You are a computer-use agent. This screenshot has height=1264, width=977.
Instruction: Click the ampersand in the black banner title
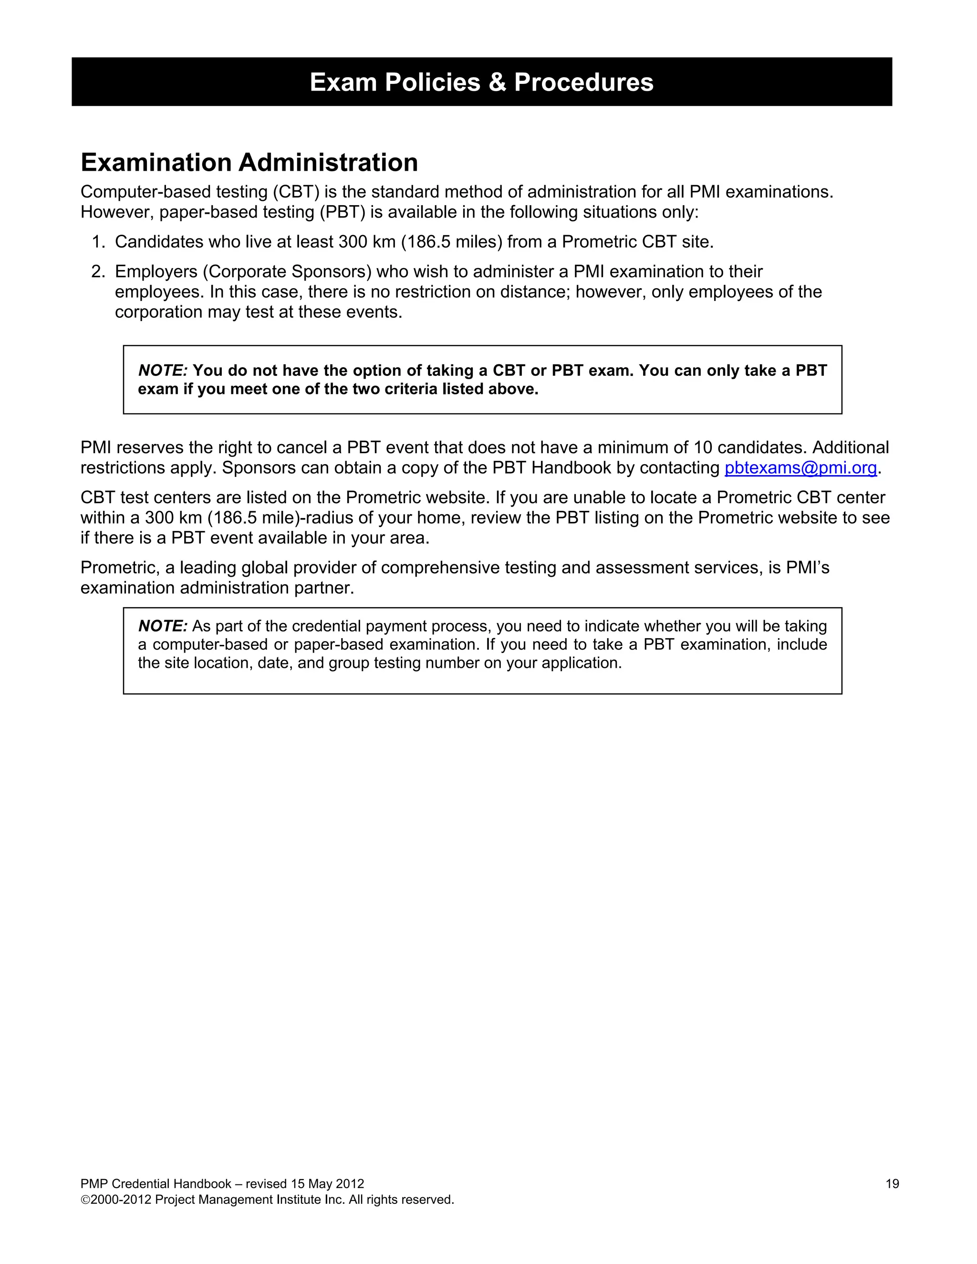point(497,82)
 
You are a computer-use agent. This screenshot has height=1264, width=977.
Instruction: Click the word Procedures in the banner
point(583,82)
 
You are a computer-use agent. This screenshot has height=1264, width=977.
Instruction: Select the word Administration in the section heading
point(328,163)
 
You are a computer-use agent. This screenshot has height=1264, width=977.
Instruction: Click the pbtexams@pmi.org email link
point(800,467)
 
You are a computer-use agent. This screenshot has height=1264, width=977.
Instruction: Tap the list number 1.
point(97,242)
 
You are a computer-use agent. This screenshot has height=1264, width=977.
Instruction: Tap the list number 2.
point(97,271)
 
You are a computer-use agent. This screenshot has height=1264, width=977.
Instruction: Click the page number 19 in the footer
point(892,1183)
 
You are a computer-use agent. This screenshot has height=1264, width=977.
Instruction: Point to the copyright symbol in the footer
point(85,1200)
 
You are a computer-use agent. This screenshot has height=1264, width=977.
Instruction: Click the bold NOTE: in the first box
point(163,371)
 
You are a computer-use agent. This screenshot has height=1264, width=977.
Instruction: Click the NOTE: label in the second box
point(163,626)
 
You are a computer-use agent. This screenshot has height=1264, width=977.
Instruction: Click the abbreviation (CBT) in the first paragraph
point(297,192)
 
